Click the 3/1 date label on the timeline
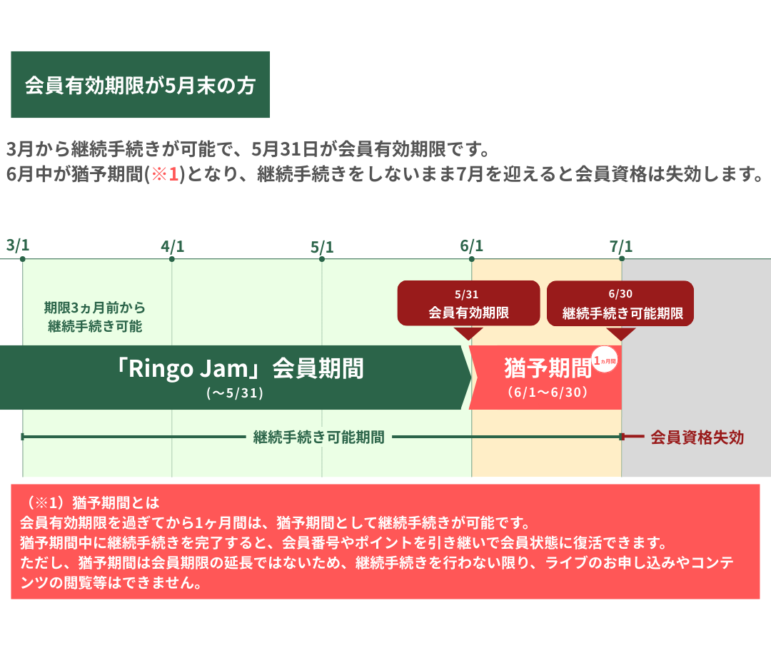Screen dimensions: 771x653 tap(18, 245)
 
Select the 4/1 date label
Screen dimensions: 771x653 tap(173, 246)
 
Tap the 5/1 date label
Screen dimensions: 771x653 tap(322, 247)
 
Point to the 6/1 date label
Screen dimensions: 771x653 tap(472, 246)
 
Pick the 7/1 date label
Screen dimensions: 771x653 tap(621, 246)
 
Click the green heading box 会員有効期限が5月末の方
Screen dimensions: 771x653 tap(140, 85)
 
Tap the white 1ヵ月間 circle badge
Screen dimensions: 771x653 tap(605, 360)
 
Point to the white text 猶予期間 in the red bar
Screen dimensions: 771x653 tap(548, 368)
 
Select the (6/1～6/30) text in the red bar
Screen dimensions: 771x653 tap(548, 393)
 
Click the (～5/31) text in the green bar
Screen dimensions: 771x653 tap(235, 393)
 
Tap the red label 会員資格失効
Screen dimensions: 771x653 tap(697, 437)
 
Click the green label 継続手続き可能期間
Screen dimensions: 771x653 tap(318, 437)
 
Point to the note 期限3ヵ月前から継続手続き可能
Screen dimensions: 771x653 tap(95, 317)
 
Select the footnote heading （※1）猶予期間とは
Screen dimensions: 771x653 tap(91, 502)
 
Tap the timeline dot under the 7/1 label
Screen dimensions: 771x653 tap(622, 258)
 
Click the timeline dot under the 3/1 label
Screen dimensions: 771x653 tap(23, 258)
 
